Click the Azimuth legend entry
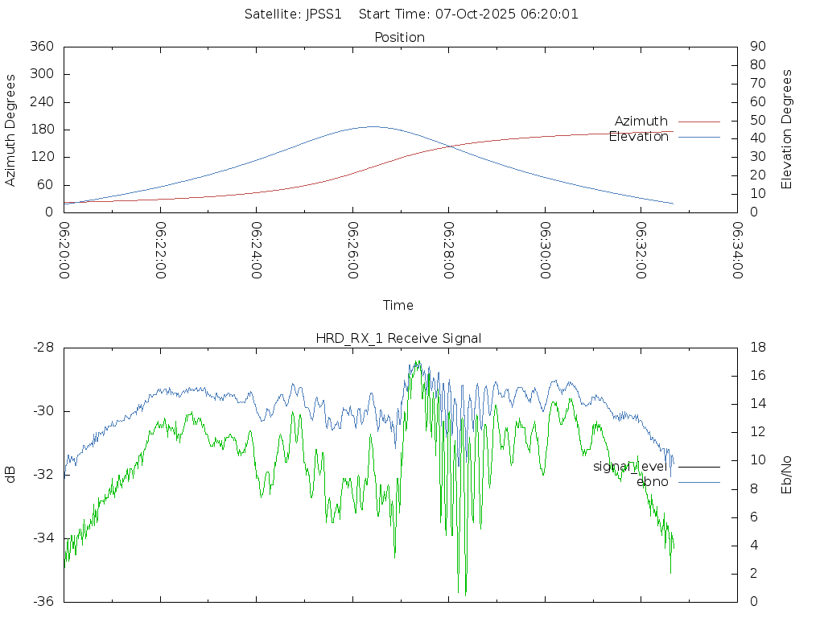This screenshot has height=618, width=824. point(641,122)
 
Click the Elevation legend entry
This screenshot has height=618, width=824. point(639,137)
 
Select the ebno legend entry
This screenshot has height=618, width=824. point(653,482)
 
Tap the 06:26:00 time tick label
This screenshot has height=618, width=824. point(353,249)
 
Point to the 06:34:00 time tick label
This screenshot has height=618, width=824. point(737,249)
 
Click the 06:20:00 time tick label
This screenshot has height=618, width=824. point(64,249)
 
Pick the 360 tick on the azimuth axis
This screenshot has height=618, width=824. point(42,47)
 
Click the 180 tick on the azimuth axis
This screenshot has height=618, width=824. point(42,130)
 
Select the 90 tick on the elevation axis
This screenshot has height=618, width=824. point(756,47)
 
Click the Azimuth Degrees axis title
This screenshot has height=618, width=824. point(11,130)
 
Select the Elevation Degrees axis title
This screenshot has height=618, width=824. point(787,130)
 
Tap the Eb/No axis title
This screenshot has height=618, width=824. point(787,475)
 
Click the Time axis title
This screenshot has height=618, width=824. point(398,306)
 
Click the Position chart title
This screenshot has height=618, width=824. point(400,38)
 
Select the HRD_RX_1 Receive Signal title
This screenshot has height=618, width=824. point(398,338)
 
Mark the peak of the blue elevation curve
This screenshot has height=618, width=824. point(373,126)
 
